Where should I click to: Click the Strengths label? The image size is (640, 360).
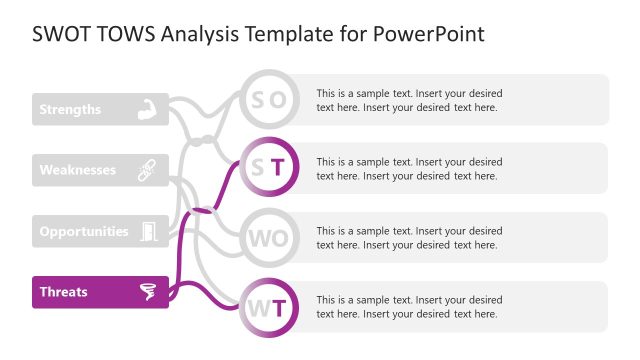(x=70, y=109)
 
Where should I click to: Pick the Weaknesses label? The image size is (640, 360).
(x=77, y=170)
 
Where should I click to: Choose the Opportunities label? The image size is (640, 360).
(x=84, y=231)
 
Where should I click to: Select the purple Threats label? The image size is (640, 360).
(x=63, y=292)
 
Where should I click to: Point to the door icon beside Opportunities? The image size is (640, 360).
(x=148, y=231)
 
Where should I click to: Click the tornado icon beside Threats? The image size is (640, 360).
(x=148, y=292)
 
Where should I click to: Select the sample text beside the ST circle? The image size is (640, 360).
(x=409, y=168)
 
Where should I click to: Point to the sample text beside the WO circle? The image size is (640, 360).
(x=409, y=238)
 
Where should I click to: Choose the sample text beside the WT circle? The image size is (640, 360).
(x=409, y=306)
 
